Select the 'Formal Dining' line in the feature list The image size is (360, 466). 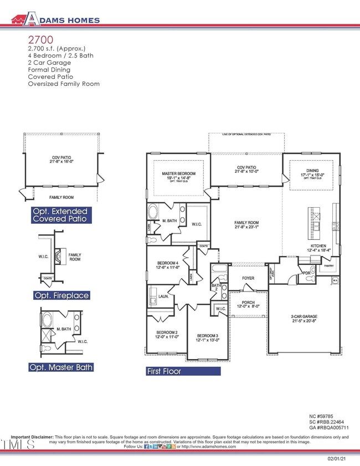[49, 70]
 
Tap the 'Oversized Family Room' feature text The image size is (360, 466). [64, 84]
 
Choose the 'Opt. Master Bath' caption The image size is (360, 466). [61, 367]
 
